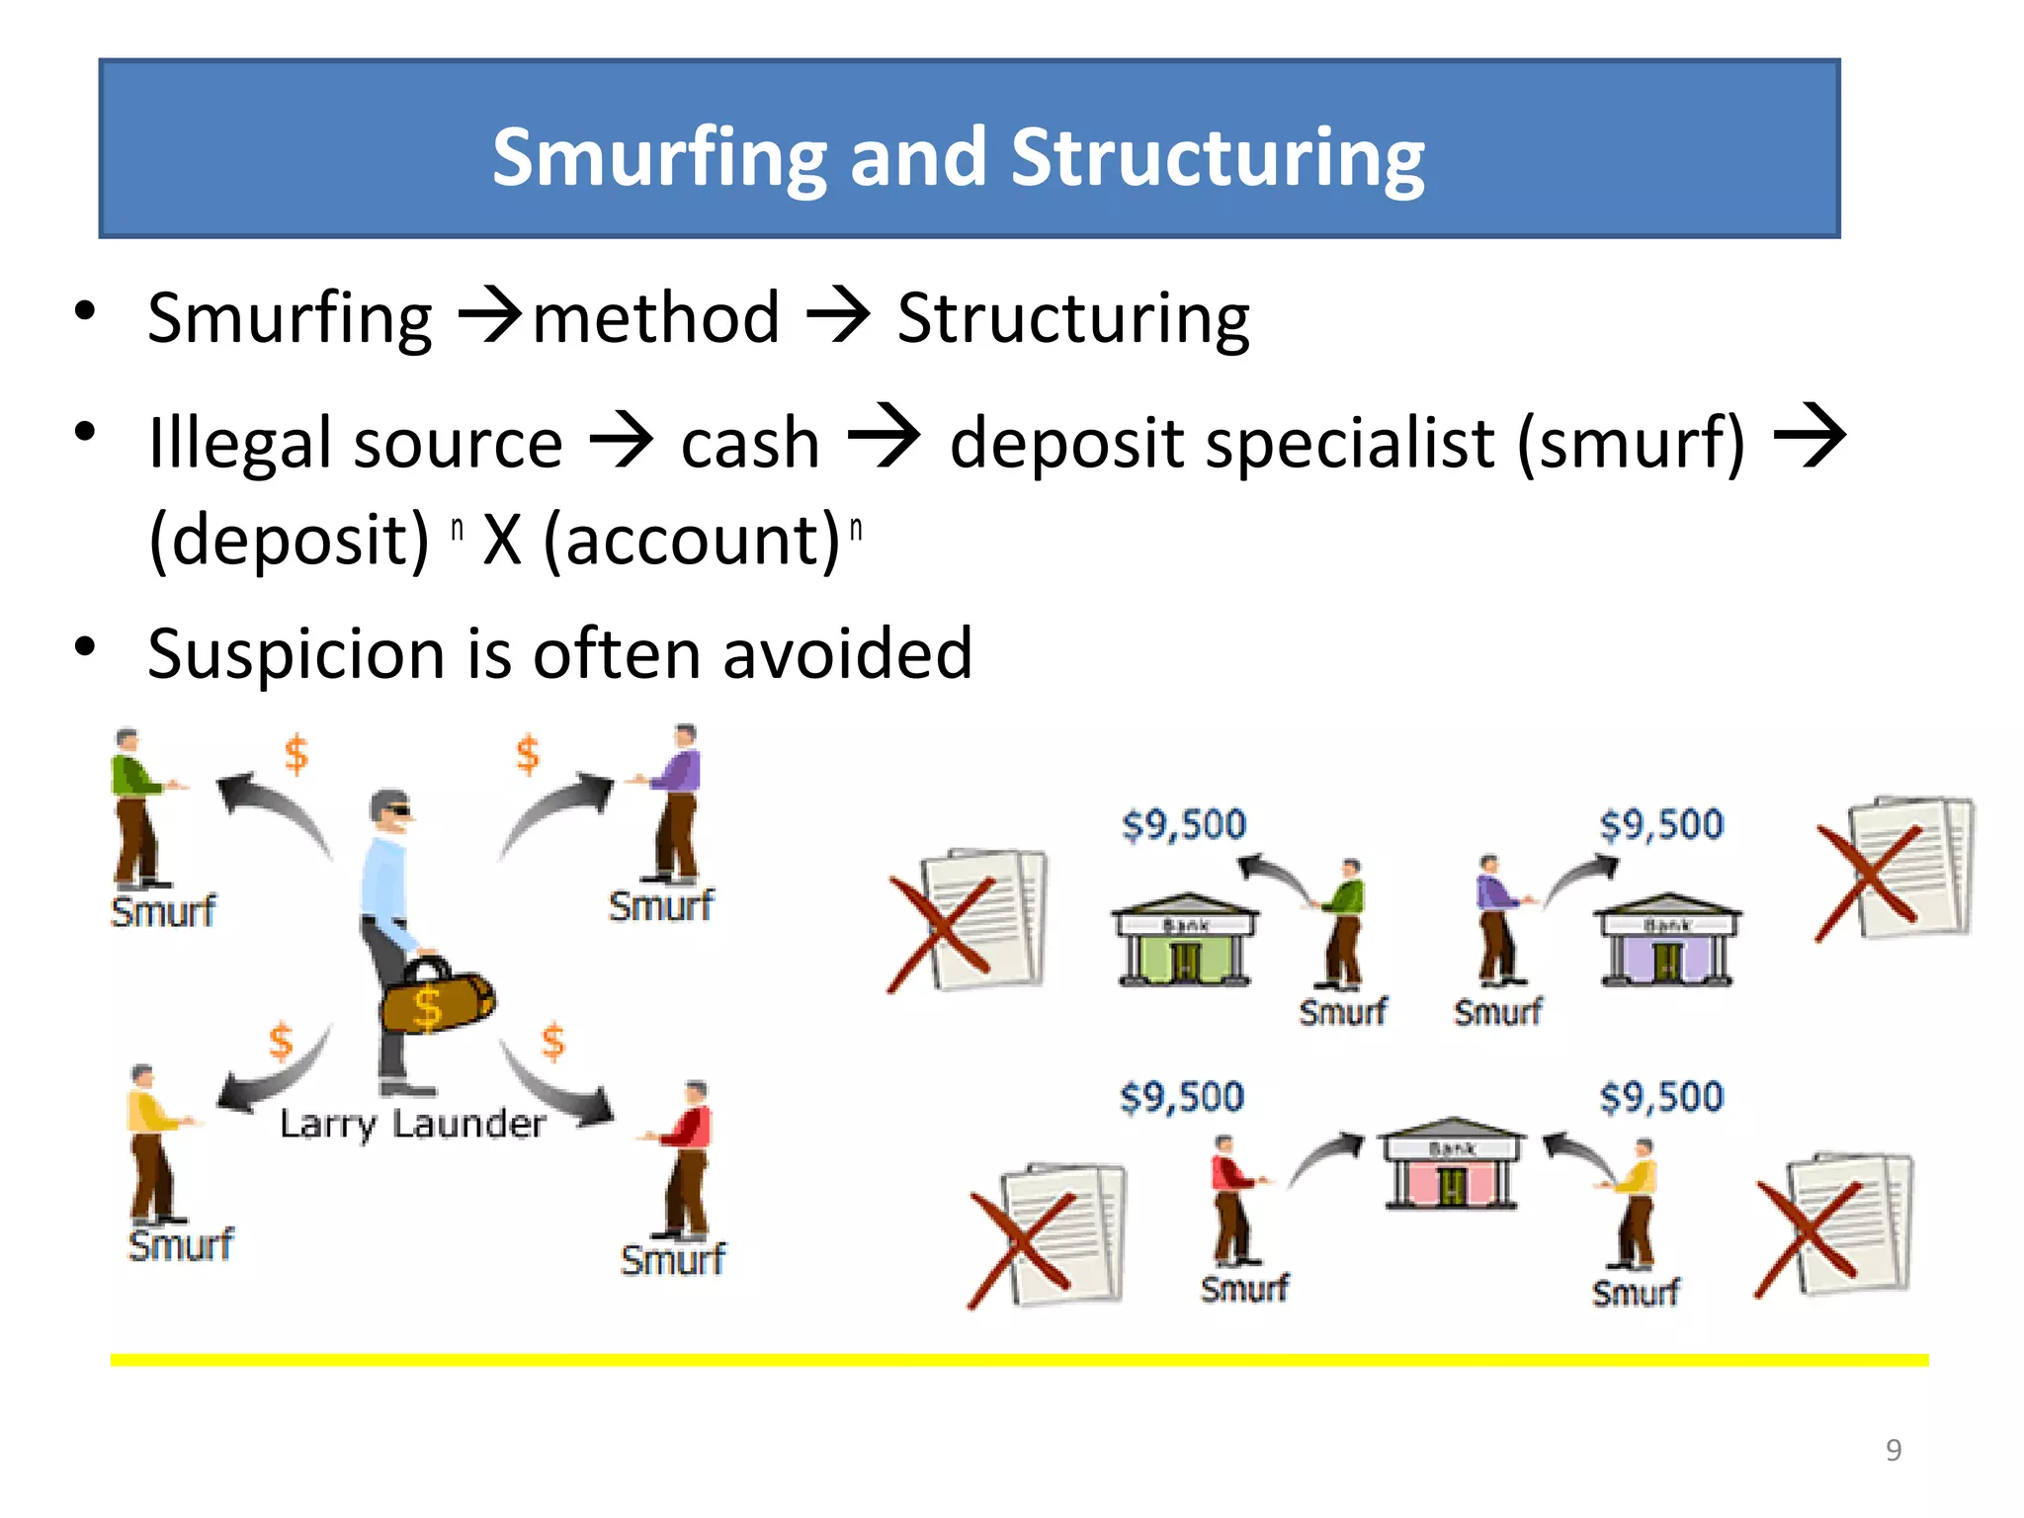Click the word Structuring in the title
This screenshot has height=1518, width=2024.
1217,158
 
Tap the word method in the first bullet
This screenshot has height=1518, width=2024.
656,318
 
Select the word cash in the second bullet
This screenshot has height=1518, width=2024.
750,443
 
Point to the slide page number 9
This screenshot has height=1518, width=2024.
1894,1450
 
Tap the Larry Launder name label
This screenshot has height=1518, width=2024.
412,1124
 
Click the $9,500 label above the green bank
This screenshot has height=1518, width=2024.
1184,824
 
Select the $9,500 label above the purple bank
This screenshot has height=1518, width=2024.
1661,824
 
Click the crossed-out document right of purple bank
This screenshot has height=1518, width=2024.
1897,868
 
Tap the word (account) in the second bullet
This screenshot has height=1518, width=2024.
692,541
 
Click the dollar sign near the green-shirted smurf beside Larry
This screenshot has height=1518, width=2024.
295,754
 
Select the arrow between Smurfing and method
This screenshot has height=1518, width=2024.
490,316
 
